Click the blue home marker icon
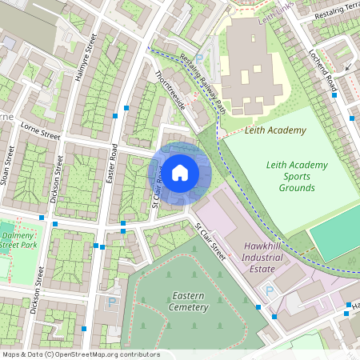point(180,172)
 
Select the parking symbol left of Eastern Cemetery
point(112,302)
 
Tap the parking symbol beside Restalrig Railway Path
point(198,58)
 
